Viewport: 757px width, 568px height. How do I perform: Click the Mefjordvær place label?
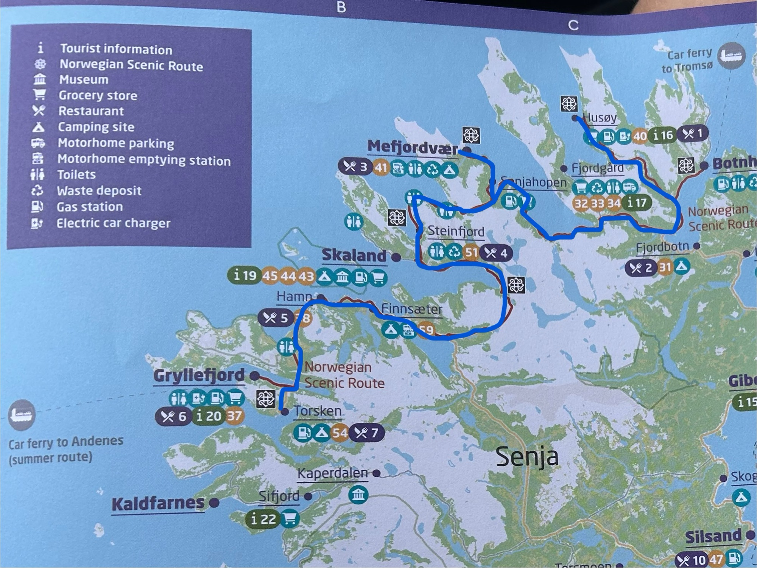[413, 147]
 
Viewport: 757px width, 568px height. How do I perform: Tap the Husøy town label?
[600, 118]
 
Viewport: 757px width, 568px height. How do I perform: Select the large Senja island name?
[526, 456]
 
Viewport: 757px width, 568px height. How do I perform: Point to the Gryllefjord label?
[199, 375]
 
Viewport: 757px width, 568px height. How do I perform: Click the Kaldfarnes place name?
[158, 503]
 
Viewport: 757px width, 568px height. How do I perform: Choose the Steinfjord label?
[456, 231]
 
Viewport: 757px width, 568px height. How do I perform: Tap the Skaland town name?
[354, 255]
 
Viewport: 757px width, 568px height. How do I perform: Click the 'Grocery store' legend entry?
[98, 95]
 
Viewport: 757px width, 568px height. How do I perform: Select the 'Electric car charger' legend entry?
[113, 223]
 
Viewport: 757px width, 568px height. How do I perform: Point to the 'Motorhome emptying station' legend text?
[144, 160]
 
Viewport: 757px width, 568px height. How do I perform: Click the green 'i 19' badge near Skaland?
[245, 275]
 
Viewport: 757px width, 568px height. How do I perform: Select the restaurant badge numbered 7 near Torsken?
[366, 432]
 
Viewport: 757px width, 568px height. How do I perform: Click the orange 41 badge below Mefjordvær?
[381, 167]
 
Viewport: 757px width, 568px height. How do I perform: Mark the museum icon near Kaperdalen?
[358, 495]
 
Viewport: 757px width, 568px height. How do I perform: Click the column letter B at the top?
[341, 7]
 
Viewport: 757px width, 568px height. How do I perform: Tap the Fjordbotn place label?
[662, 247]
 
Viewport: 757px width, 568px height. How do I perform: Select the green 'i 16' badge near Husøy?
[662, 135]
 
